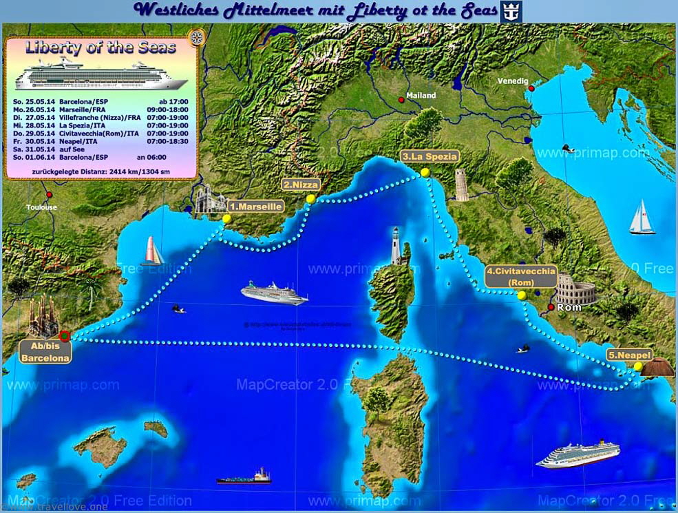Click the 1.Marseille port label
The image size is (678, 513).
pos(256,206)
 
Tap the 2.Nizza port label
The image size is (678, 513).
pos(301,185)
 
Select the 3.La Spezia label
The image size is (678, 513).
pos(430,156)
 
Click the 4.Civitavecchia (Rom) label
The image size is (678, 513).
pos(521,276)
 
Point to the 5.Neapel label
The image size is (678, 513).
pos(629,355)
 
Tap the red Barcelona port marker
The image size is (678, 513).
pos(65,336)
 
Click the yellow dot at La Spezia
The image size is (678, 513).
pos(425,172)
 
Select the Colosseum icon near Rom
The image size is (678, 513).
pos(575,289)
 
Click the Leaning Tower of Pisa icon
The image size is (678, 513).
pos(461,185)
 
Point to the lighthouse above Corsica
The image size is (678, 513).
pos(396,245)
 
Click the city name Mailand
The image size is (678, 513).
pos(421,96)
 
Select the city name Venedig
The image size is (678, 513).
pos(513,81)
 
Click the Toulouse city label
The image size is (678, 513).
pos(41,207)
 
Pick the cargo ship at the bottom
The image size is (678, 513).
pos(244,476)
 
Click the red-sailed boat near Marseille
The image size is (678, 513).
pos(152,251)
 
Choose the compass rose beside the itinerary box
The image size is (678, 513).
pos(198,37)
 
